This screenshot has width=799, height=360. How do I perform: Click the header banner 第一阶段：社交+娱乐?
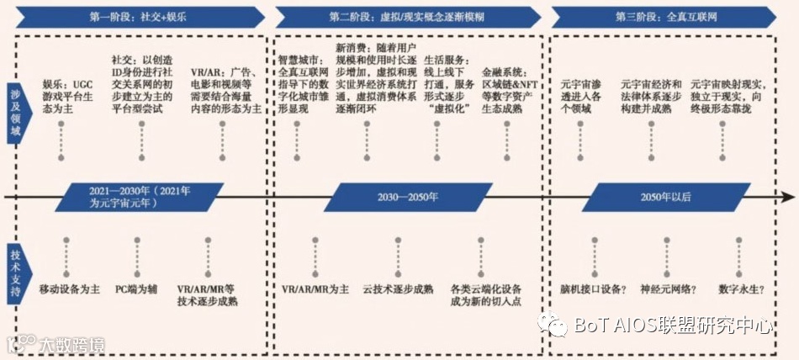(x=138, y=17)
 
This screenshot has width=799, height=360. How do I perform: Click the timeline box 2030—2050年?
(x=408, y=198)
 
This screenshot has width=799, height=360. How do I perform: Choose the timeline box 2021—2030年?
(x=140, y=198)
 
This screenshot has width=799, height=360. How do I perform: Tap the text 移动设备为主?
(x=70, y=289)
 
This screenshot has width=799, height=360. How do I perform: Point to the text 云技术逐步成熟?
(x=398, y=289)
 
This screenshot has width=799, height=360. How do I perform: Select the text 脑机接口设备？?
(x=593, y=289)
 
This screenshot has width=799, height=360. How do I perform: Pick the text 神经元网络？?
(x=669, y=289)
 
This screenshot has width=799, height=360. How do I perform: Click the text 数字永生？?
(x=741, y=289)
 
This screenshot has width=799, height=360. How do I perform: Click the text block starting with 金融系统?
(x=510, y=84)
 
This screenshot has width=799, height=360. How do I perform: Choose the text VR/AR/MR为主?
(x=315, y=289)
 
